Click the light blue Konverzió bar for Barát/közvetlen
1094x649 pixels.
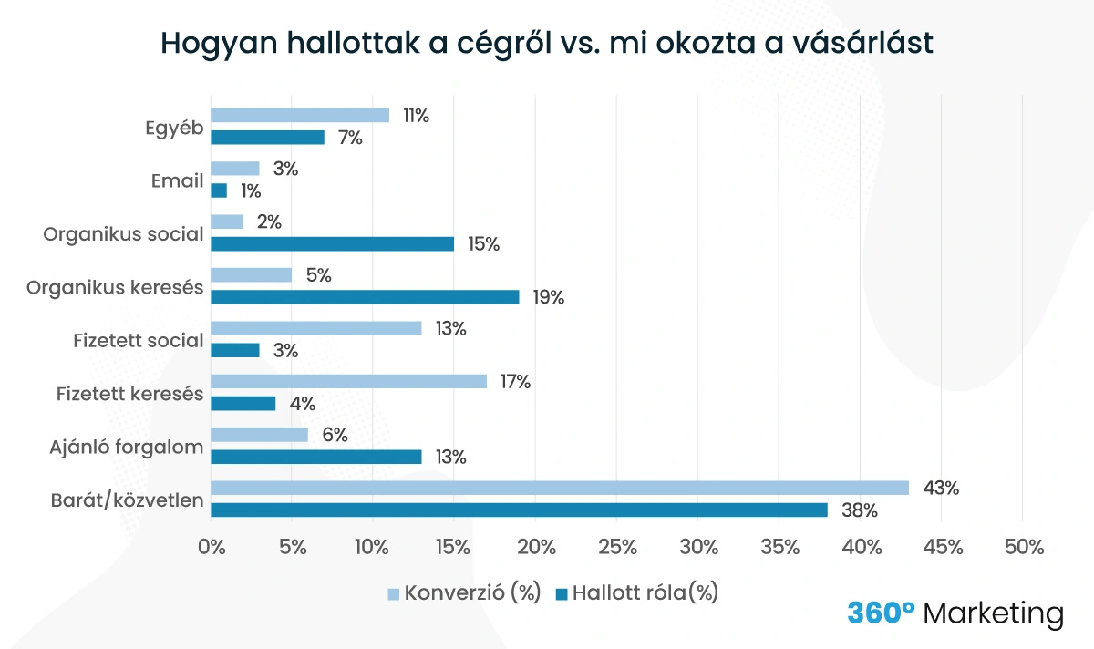click(x=560, y=488)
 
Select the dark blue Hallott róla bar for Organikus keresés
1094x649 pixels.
click(x=365, y=297)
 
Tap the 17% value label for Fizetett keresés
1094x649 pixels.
click(x=516, y=382)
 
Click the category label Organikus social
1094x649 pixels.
click(x=123, y=234)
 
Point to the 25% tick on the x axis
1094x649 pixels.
click(x=618, y=547)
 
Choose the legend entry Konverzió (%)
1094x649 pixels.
click(x=464, y=593)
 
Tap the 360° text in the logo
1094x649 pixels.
click(x=880, y=613)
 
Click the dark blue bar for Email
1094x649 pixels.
click(x=219, y=191)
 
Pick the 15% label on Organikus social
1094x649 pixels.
click(x=483, y=244)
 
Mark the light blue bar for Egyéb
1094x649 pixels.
click(x=300, y=115)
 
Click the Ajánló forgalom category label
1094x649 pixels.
click(x=126, y=447)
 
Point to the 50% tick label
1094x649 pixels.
click(x=1024, y=547)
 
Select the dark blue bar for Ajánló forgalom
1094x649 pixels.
click(x=316, y=457)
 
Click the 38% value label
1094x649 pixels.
click(x=858, y=510)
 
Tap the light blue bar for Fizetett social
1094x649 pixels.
click(x=316, y=328)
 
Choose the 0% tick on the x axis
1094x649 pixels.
click(x=212, y=547)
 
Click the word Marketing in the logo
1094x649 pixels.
click(x=993, y=613)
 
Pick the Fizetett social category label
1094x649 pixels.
click(x=138, y=340)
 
